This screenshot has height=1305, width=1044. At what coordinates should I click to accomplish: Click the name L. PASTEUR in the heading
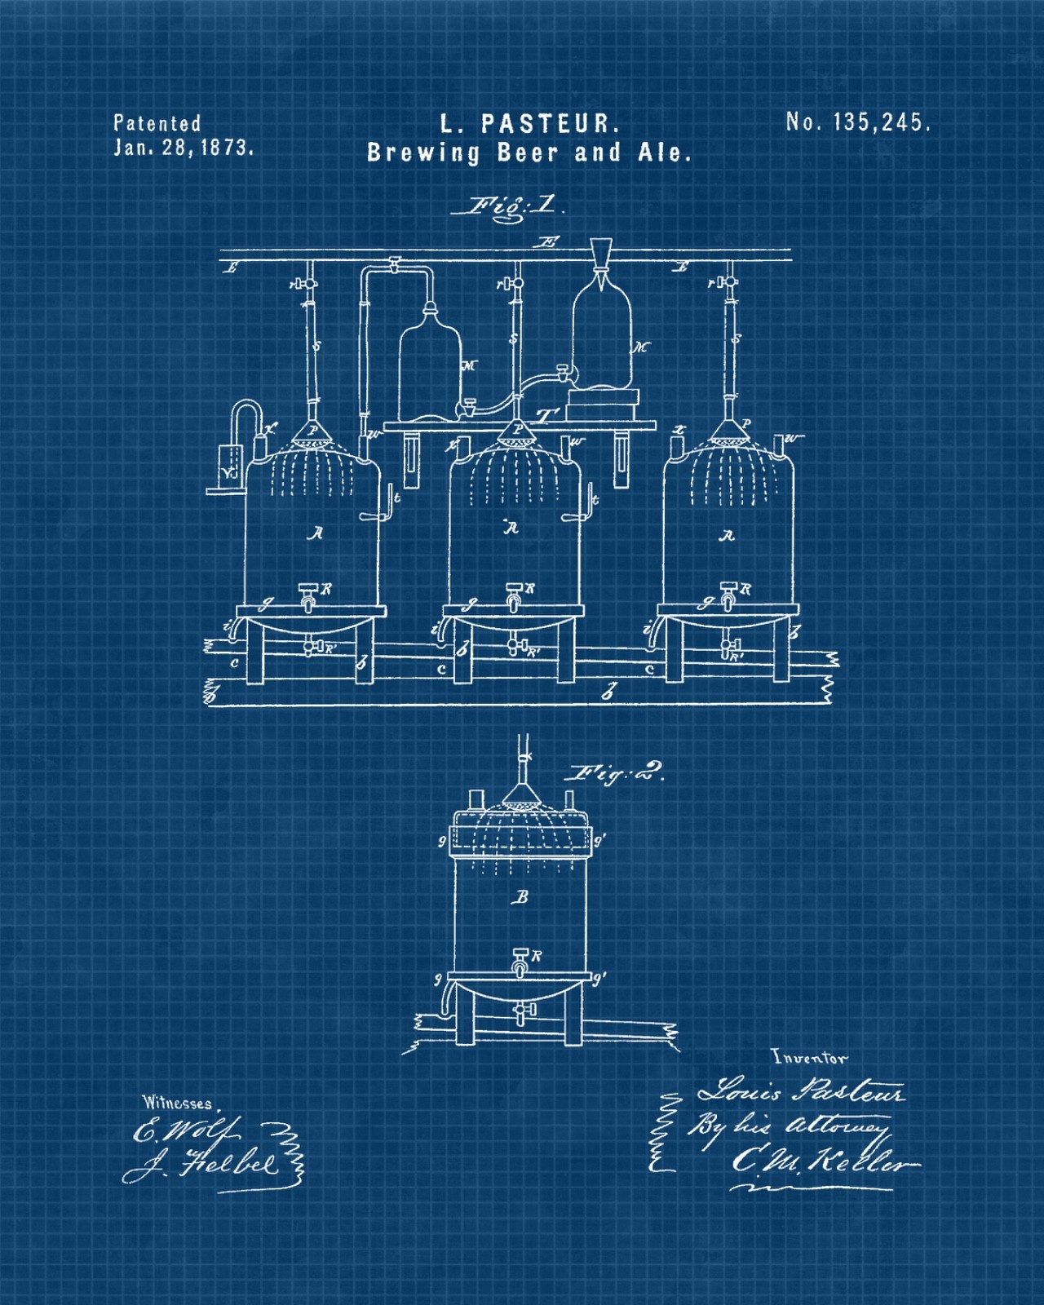(530, 124)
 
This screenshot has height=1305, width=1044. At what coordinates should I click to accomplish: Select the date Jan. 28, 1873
(184, 148)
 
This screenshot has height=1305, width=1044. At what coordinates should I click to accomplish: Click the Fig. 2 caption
(618, 773)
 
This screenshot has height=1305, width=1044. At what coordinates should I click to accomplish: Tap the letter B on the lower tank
(521, 897)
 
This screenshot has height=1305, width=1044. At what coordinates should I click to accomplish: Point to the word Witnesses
(177, 1103)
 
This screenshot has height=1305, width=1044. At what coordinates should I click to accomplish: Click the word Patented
(157, 124)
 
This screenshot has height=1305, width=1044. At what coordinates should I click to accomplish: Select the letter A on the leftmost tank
(316, 533)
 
